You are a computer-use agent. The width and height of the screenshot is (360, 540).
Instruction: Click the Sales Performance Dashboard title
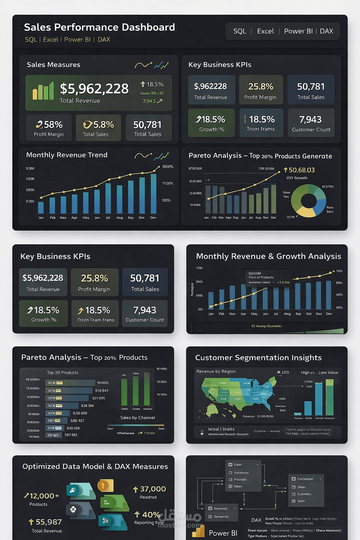99,27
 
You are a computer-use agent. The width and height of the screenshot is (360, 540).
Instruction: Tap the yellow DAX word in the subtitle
104,39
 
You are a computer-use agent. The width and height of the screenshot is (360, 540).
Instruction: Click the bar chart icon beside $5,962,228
43,91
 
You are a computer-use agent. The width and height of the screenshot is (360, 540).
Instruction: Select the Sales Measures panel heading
53,65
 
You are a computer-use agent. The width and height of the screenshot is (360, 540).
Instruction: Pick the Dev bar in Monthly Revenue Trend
153,194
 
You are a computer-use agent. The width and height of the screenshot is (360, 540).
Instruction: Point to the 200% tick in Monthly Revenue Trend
168,167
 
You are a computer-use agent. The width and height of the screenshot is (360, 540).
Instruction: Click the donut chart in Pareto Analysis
308,201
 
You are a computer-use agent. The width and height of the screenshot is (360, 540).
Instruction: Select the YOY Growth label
297,178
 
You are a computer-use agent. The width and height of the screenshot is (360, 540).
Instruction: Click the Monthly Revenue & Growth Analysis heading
268,256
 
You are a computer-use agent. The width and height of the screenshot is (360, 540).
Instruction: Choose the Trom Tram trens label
96,320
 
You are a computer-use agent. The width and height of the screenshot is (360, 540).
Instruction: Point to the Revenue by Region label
216,372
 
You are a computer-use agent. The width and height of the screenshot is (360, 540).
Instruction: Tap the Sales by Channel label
137,418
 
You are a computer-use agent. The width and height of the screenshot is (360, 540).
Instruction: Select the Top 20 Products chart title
63,373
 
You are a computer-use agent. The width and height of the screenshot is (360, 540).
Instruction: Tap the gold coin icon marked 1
105,486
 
